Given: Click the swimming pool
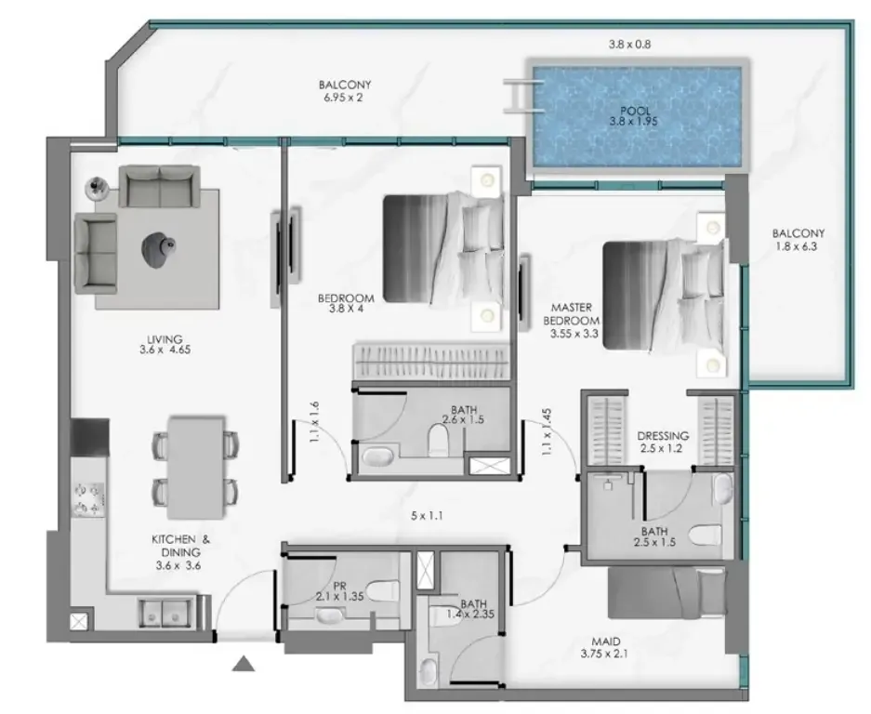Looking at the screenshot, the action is (637, 116).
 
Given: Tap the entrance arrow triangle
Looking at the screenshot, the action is (243, 664).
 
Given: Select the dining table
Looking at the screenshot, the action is (195, 468).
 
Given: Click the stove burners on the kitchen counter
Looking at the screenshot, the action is (89, 499).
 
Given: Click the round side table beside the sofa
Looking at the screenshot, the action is (99, 187).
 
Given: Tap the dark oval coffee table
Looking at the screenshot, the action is (159, 249).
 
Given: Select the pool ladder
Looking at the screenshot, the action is (522, 97).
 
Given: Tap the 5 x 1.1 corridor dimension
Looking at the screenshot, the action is (427, 516).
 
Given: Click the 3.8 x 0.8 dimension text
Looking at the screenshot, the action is (629, 45).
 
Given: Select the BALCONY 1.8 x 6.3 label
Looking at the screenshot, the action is (798, 240).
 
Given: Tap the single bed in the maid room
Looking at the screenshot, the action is (666, 592).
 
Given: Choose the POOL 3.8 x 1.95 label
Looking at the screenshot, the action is (634, 116).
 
